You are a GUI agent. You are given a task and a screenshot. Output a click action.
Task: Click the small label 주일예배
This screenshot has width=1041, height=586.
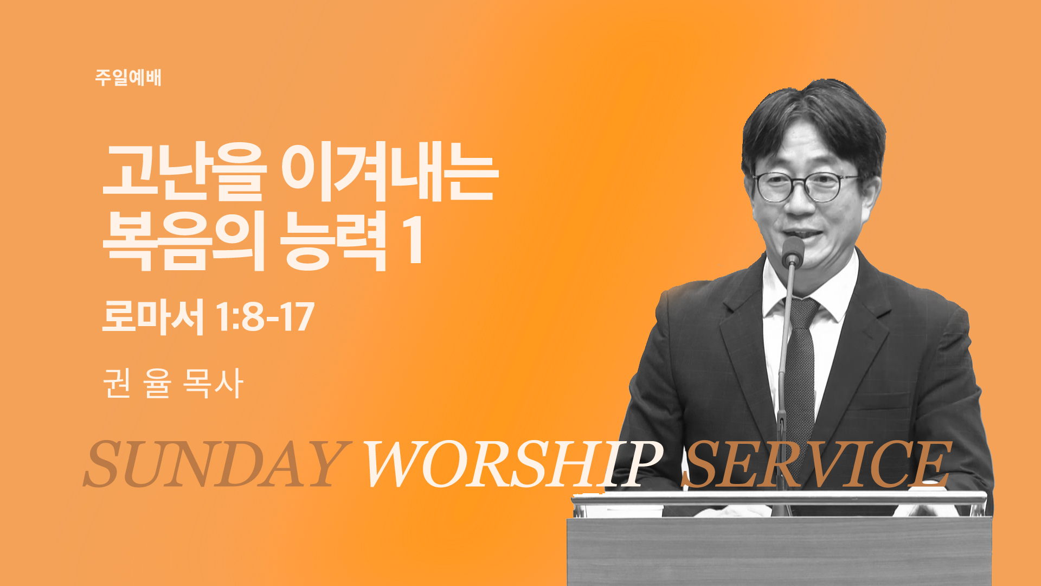coord(128,78)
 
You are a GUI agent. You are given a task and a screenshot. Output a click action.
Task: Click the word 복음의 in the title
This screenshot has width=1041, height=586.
coord(183,241)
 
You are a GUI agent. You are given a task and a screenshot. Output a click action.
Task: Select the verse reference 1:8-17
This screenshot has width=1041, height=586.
coord(265,317)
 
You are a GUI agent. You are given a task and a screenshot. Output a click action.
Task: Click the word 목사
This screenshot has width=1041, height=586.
coord(213,383)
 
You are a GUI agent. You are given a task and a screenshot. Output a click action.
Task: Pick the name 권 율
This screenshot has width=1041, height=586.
coord(137,383)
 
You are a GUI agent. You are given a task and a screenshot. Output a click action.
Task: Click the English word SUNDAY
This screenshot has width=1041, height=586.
coord(215,464)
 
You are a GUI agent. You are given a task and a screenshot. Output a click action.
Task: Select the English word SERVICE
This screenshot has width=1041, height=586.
coord(817,464)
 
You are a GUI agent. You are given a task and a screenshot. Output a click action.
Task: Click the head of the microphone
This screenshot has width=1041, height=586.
coord(793,251)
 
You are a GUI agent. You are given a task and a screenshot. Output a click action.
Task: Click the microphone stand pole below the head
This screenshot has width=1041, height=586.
coord(783,380)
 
